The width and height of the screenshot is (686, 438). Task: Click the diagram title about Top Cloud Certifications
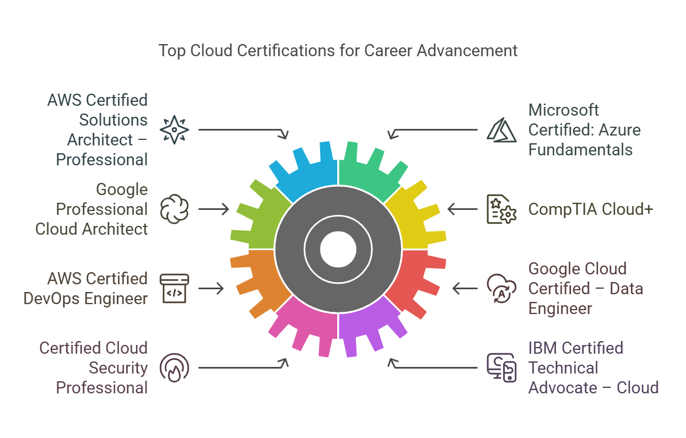[x=338, y=51]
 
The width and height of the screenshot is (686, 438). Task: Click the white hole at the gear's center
[x=338, y=250]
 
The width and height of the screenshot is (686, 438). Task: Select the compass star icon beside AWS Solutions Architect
[x=174, y=130]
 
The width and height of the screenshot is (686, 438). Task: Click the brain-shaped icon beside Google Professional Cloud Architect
[x=174, y=209]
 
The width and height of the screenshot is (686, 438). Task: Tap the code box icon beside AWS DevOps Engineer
[x=174, y=288]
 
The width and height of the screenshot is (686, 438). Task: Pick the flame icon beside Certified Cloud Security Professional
[x=174, y=367]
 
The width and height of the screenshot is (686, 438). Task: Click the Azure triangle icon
[x=501, y=130]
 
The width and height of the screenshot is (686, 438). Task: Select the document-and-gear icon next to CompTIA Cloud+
[x=501, y=209]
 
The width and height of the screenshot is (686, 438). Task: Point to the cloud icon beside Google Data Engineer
[x=501, y=288]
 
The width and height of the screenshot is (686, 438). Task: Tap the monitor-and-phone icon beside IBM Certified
[x=501, y=367]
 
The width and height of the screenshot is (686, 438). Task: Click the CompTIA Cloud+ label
[x=591, y=209]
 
